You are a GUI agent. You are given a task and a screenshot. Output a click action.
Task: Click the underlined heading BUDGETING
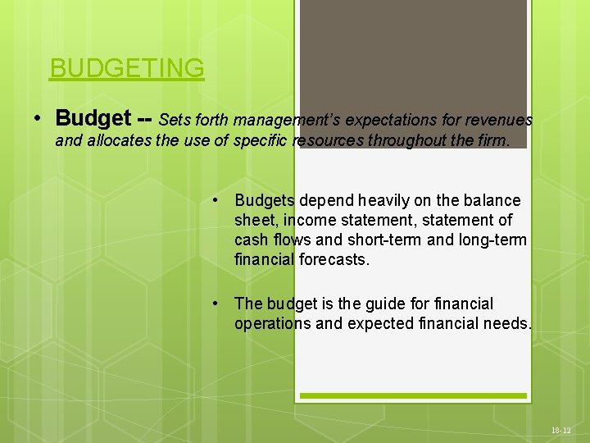click(x=126, y=68)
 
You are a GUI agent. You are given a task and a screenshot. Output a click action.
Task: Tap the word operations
click(x=272, y=323)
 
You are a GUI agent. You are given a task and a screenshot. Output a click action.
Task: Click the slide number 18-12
click(x=561, y=430)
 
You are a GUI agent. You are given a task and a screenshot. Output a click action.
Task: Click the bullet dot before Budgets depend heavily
click(x=215, y=200)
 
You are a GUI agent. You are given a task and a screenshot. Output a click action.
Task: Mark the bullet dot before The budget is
click(x=215, y=304)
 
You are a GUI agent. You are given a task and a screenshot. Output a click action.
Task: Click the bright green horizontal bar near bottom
click(x=413, y=396)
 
